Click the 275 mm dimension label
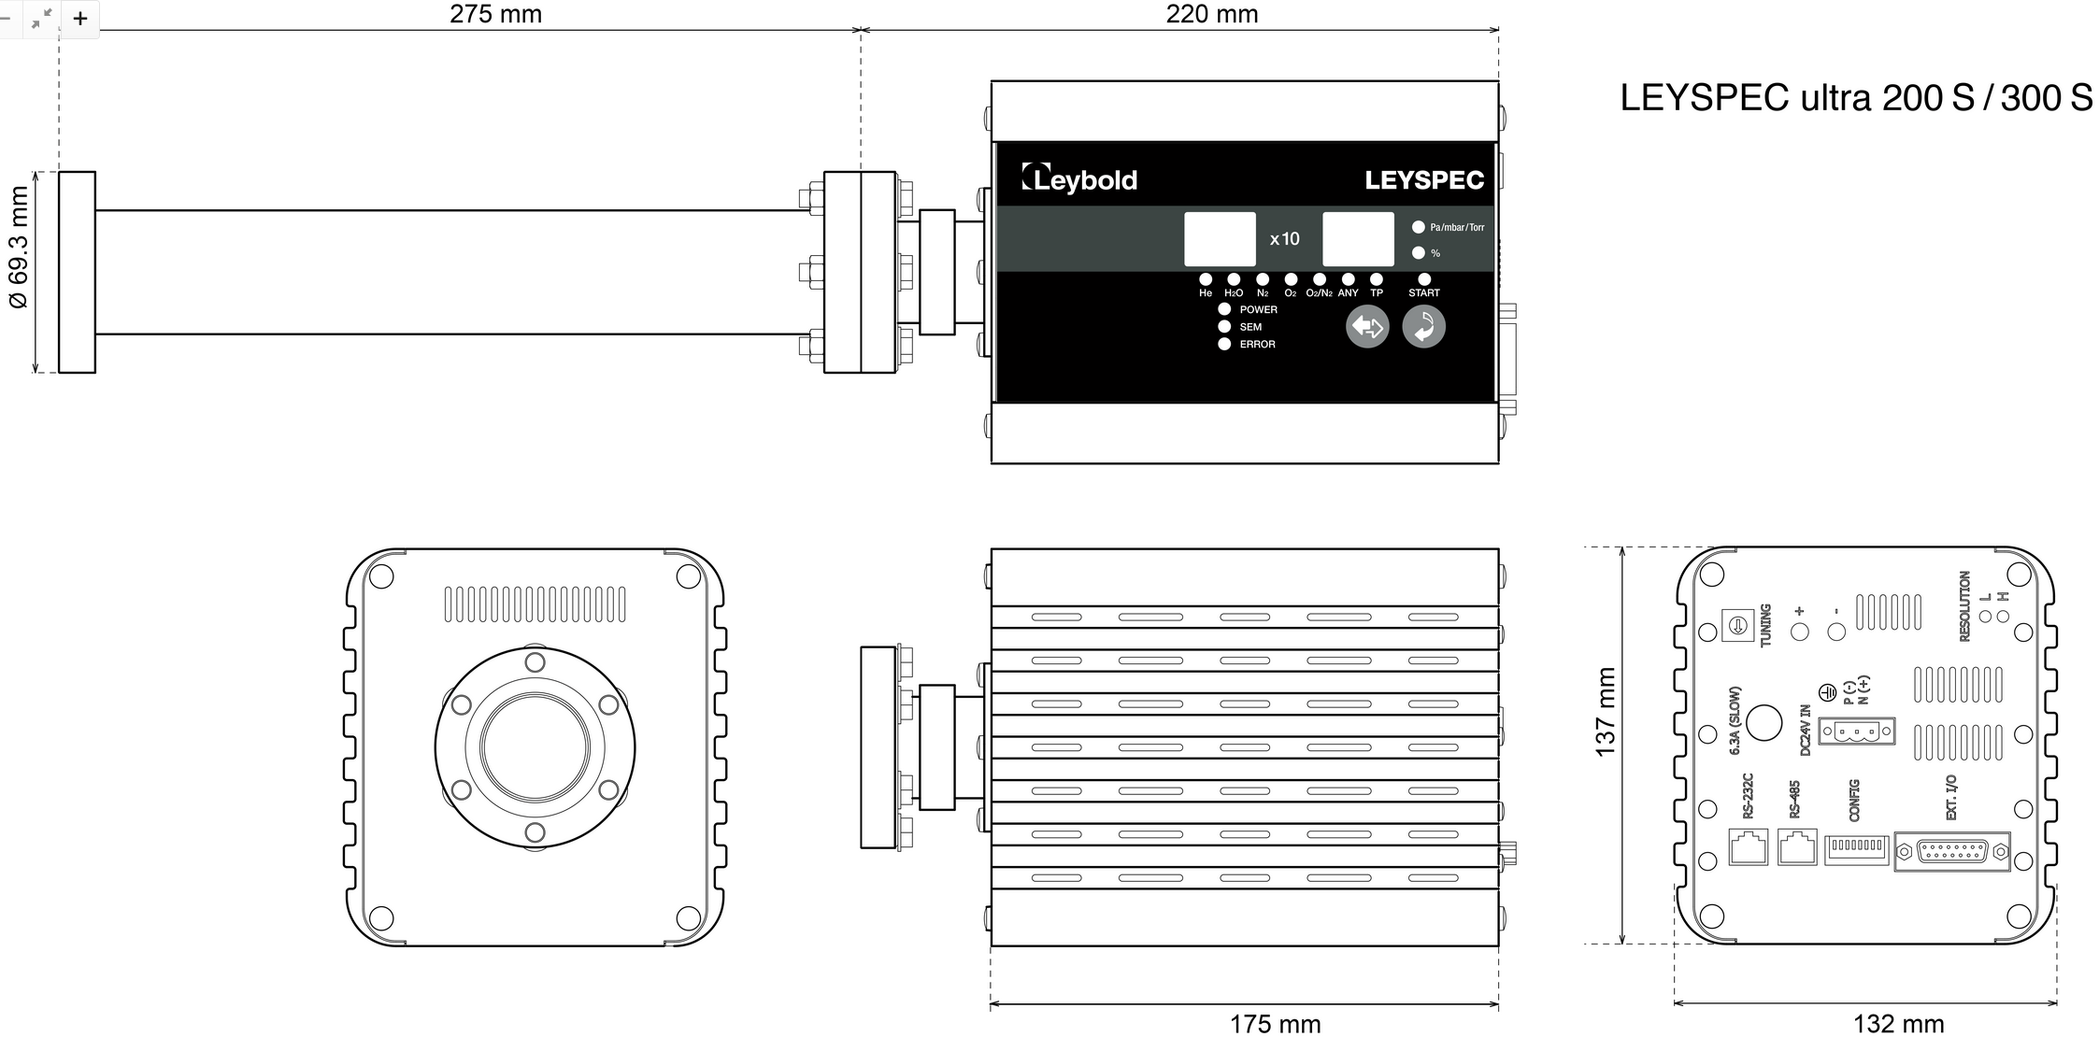click(x=495, y=14)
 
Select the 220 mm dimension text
click(x=1212, y=14)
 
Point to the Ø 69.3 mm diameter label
click(x=19, y=248)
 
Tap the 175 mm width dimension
click(x=1275, y=1024)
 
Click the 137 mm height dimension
click(x=1605, y=712)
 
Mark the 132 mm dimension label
click(x=1898, y=1024)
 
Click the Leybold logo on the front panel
click(x=1079, y=178)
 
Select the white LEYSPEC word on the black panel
click(x=1424, y=179)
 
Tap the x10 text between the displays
click(x=1284, y=239)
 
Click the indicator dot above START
click(x=1424, y=279)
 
